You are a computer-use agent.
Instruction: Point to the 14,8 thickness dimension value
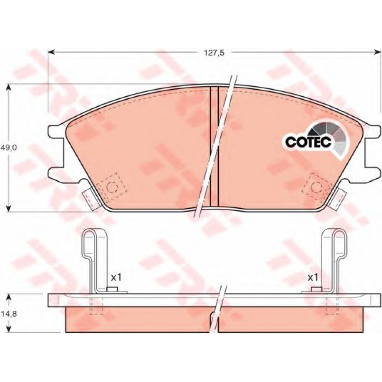pyautogui.click(x=10, y=314)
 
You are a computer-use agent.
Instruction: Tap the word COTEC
pyautogui.click(x=308, y=141)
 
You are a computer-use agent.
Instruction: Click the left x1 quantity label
pyautogui.click(x=116, y=278)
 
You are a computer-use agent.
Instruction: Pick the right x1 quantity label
pyautogui.click(x=313, y=278)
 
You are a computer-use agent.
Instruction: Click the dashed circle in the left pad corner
pyautogui.click(x=112, y=187)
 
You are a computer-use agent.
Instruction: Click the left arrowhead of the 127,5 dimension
pyautogui.click(x=51, y=52)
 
